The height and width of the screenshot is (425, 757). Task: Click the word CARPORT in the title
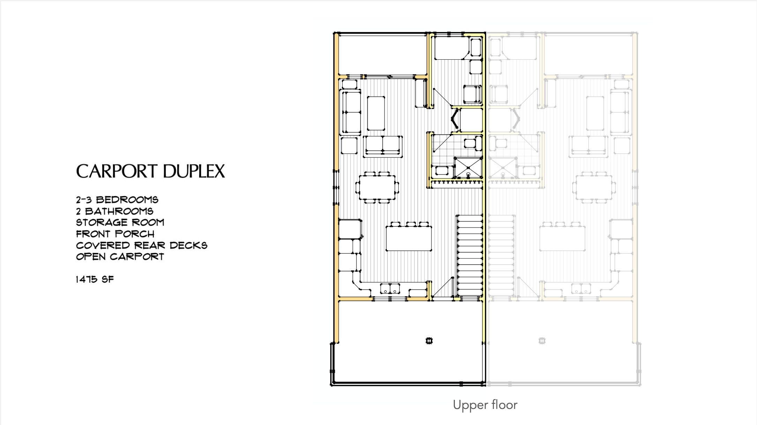point(117,171)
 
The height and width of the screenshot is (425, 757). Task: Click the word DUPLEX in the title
point(194,171)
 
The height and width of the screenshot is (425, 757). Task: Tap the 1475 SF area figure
point(95,279)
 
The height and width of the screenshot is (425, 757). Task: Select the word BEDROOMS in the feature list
point(127,200)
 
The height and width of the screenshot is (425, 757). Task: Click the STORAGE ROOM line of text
point(120,222)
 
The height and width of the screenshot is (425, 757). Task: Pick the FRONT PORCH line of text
point(115,234)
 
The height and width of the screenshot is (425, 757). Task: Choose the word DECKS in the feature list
point(189,245)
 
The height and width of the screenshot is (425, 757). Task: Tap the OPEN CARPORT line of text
point(120,256)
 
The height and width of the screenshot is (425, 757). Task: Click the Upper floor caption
point(485,405)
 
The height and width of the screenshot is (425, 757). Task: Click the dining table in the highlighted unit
point(377,187)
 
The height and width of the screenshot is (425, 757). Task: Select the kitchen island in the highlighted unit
point(409,238)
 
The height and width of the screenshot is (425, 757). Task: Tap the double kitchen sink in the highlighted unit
point(390,289)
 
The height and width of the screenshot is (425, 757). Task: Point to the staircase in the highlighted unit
point(470,256)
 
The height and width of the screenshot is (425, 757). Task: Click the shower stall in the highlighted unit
point(468,168)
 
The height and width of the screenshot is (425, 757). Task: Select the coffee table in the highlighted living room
point(376,113)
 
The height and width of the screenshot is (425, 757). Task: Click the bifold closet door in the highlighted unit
point(455,119)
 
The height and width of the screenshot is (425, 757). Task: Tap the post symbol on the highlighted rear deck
point(429,341)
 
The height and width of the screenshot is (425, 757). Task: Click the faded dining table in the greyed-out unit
point(594,187)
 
